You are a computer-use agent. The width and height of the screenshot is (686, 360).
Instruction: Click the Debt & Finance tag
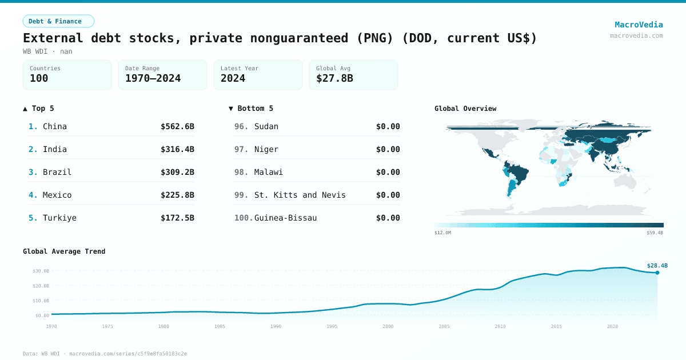(58, 21)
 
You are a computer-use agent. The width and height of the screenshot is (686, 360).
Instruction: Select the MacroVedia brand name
(639, 25)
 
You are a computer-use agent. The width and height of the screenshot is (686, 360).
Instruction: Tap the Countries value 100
(39, 78)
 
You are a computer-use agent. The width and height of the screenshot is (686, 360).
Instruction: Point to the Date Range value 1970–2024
(153, 78)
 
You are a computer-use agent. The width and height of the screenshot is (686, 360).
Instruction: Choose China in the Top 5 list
(55, 126)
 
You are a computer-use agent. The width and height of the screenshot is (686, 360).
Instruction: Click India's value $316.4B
(177, 149)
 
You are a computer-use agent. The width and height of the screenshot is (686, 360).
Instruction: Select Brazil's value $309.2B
(177, 172)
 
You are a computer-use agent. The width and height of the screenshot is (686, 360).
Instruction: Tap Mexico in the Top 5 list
(57, 195)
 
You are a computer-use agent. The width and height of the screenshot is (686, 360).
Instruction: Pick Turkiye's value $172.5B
(177, 218)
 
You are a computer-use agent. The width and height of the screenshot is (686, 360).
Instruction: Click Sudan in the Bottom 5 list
(266, 126)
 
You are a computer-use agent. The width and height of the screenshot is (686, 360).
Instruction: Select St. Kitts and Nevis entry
(300, 195)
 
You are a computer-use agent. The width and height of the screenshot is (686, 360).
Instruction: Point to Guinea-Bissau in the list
(285, 218)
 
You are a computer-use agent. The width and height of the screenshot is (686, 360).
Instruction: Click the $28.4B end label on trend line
(657, 265)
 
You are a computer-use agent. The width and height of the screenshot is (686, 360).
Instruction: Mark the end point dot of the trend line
(657, 273)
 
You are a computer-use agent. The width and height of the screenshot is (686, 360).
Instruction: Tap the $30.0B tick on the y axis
(41, 271)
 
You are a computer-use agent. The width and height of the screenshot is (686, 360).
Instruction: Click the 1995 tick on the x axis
(332, 326)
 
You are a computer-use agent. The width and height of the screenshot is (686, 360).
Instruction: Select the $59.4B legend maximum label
(655, 233)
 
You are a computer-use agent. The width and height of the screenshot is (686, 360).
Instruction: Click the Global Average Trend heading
(64, 251)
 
